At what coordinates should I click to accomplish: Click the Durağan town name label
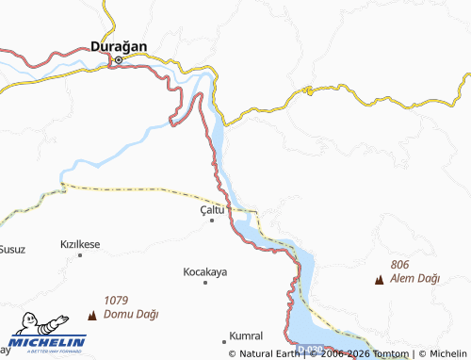(x=120, y=44)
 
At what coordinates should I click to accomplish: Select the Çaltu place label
(x=212, y=209)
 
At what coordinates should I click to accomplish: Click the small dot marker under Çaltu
(x=212, y=221)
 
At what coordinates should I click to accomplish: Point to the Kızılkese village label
(x=80, y=244)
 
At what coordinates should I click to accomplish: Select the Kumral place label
(x=246, y=336)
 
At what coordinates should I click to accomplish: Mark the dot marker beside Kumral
(x=224, y=337)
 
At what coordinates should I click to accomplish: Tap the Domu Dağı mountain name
(x=132, y=315)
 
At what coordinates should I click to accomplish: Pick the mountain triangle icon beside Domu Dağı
(x=92, y=314)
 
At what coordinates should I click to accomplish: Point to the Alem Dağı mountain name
(x=416, y=279)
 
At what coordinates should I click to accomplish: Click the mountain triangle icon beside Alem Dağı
(x=379, y=279)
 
